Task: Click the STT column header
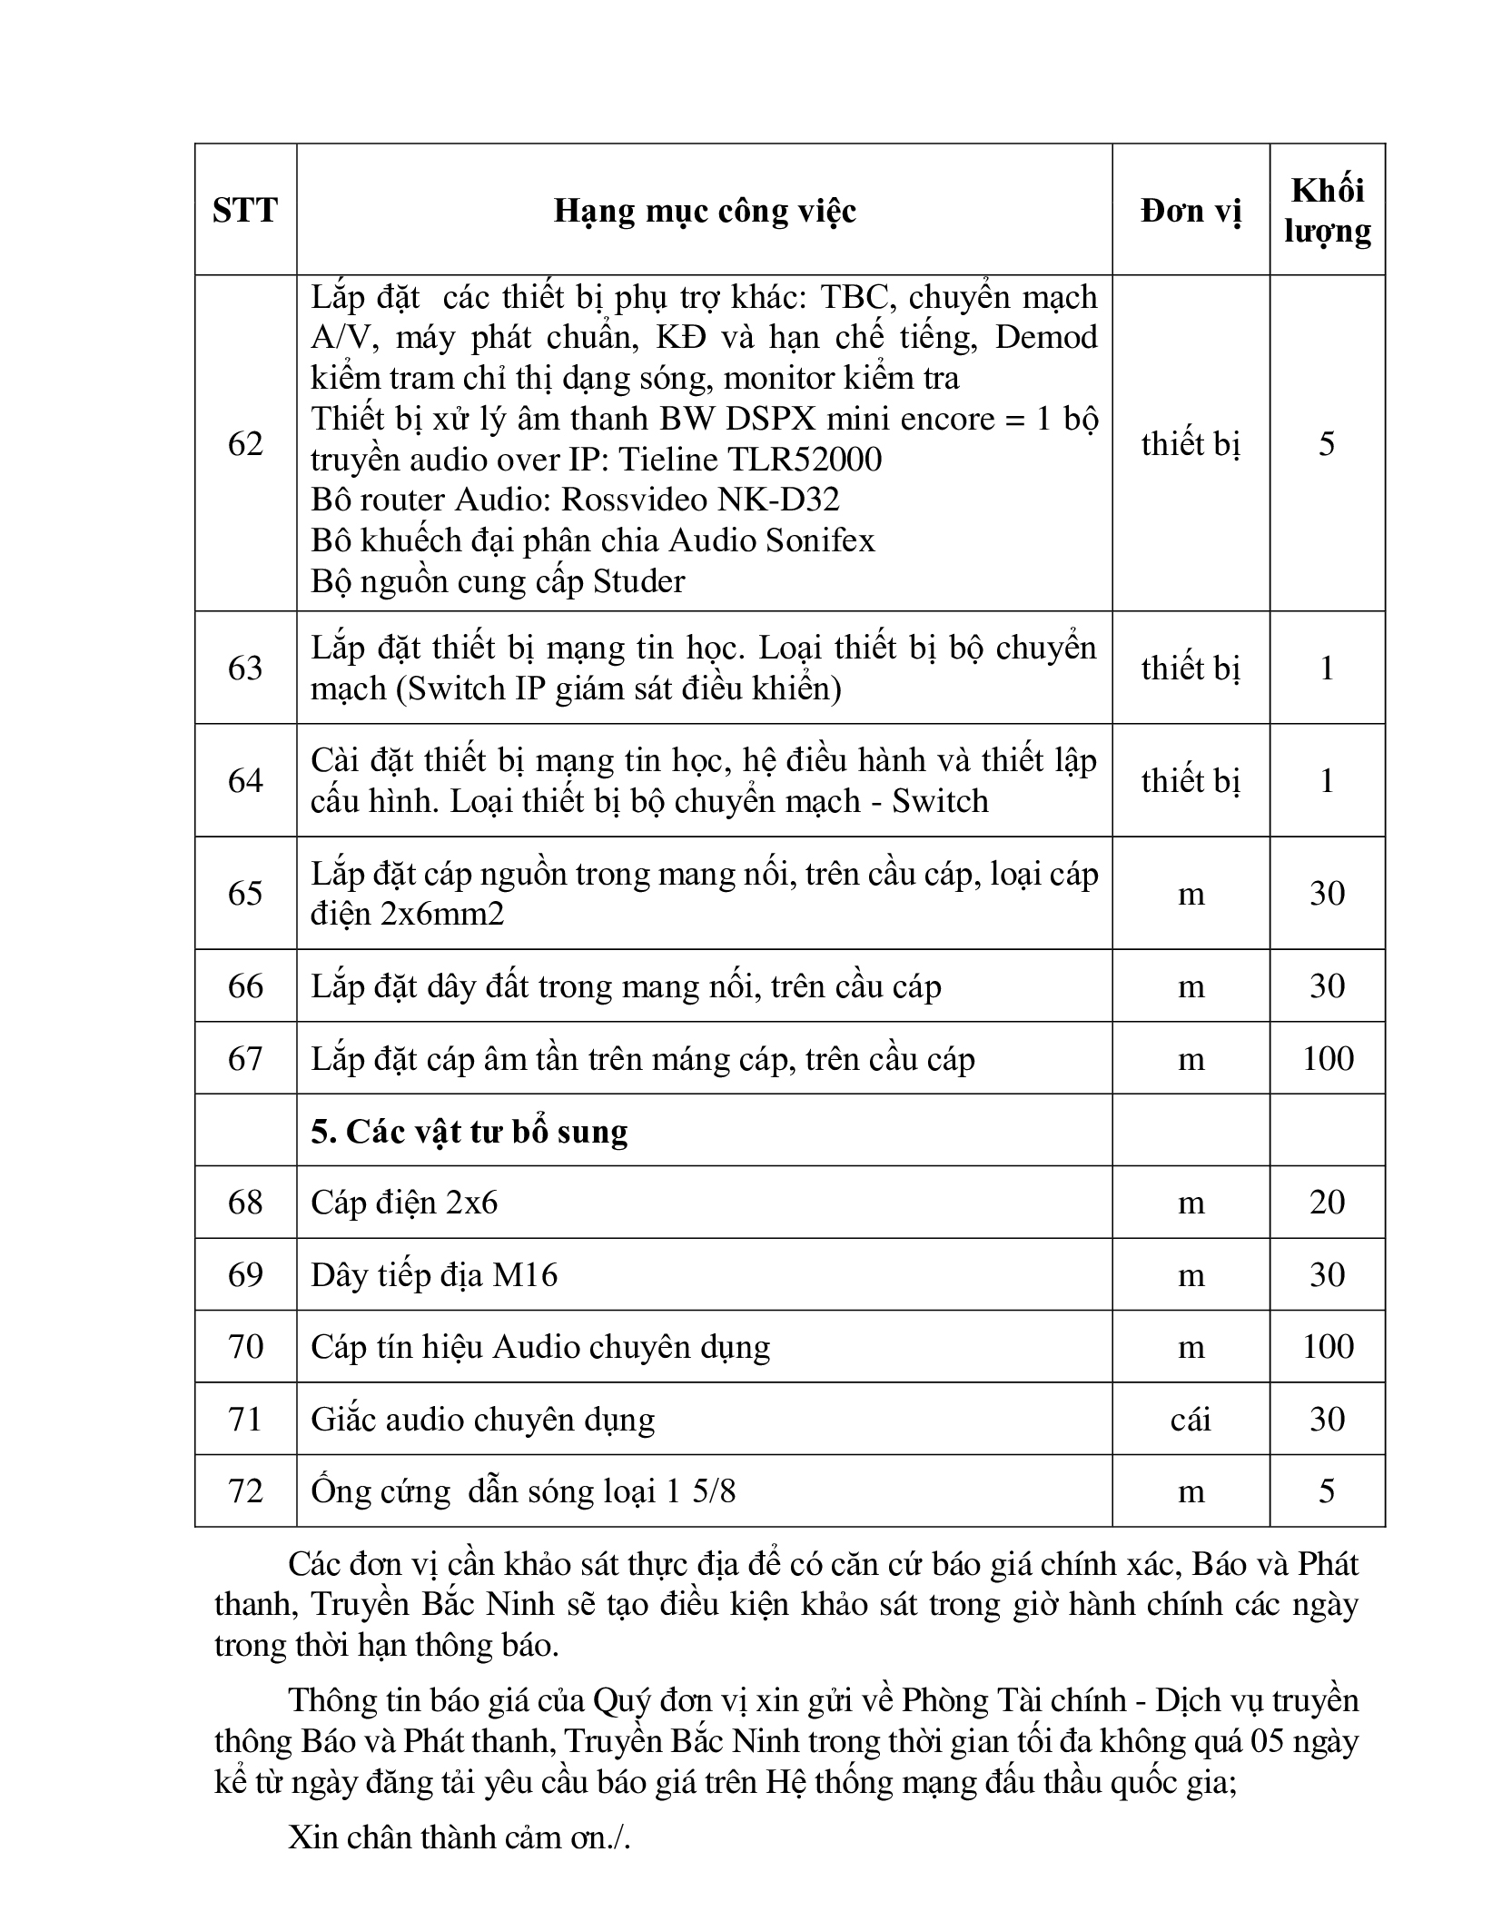(245, 211)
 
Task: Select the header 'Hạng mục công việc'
(705, 211)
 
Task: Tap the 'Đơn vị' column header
(1191, 211)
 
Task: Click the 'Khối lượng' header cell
(1327, 211)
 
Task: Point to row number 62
(245, 443)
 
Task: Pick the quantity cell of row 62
(1327, 443)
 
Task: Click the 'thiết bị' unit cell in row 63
(1191, 668)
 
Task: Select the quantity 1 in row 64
(1327, 780)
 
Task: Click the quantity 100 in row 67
(1327, 1058)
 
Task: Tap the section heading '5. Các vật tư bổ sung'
(469, 1131)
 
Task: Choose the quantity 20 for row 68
(1327, 1203)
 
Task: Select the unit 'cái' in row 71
(1191, 1419)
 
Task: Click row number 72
(245, 1490)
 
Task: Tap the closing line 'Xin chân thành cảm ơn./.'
(459, 1837)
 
